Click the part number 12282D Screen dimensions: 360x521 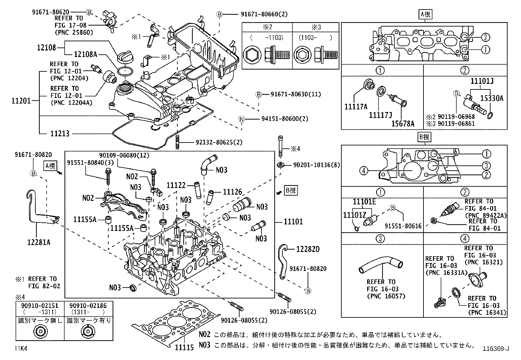click(x=308, y=249)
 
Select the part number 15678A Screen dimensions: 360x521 click(x=403, y=123)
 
